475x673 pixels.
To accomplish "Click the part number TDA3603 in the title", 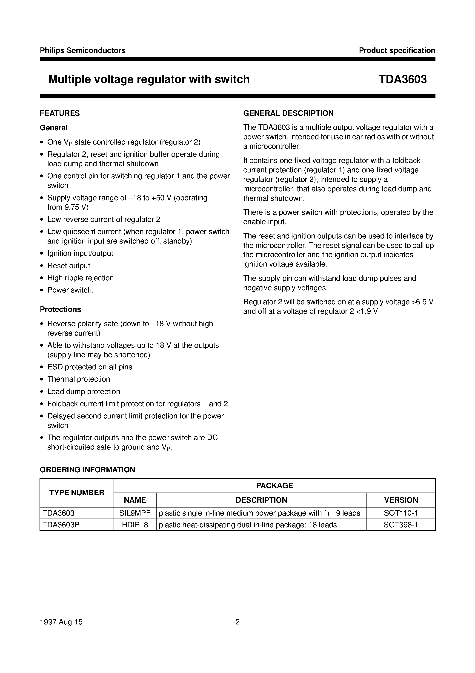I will point(402,79).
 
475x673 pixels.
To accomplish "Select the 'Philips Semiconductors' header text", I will point(83,50).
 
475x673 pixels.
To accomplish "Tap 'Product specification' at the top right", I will point(397,50).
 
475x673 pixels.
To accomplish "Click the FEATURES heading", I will point(60,113).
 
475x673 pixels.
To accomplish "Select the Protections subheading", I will point(60,309).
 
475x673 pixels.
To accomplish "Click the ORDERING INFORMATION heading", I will point(87,470).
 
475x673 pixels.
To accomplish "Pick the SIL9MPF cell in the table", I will point(135,513).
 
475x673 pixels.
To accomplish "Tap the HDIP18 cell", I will point(135,525).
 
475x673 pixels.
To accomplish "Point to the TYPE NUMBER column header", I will point(77,493).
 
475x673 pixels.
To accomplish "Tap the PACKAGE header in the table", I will point(274,485).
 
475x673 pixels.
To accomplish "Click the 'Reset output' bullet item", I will point(69,266).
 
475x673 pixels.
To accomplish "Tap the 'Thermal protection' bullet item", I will point(78,379).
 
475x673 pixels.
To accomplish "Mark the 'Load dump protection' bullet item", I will point(84,391).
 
